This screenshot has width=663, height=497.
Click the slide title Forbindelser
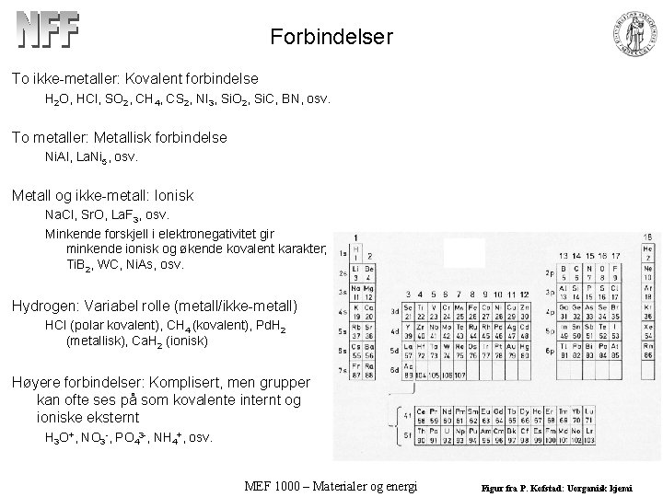point(332,38)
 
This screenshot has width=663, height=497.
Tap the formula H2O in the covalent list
point(58,98)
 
